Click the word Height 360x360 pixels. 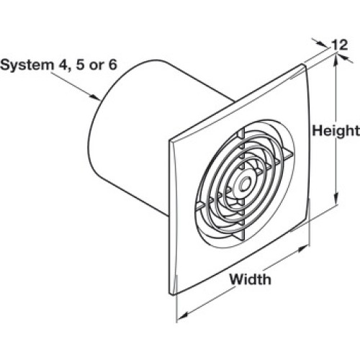(x=336, y=131)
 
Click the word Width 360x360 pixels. (x=251, y=279)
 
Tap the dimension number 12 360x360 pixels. (x=339, y=45)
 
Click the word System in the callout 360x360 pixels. (x=27, y=66)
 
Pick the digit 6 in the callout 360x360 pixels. (x=112, y=64)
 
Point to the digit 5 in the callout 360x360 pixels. (x=80, y=64)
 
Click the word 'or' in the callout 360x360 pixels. (x=96, y=66)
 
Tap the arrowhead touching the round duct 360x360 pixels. (x=96, y=97)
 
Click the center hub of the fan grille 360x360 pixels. (x=245, y=184)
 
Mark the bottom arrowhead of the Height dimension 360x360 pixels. (x=336, y=198)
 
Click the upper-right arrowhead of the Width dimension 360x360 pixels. (x=302, y=248)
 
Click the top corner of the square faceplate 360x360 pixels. (x=303, y=64)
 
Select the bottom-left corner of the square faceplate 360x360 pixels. (x=171, y=293)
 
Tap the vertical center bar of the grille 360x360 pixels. (x=242, y=184)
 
